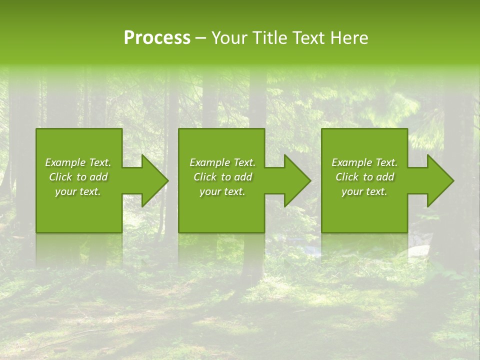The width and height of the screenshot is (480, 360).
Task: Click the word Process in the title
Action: pos(157,38)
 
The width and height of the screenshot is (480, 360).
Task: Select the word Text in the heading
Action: pos(309,38)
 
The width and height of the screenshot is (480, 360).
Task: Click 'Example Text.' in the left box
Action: pos(78,162)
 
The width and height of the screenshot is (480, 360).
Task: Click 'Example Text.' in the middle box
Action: pos(222,162)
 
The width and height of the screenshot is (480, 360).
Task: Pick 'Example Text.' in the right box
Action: pos(364,162)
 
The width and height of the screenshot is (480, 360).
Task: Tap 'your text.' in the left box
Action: pos(78,191)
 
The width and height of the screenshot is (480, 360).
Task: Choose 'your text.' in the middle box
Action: pos(222,191)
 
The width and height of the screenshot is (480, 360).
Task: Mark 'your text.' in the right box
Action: pos(364,191)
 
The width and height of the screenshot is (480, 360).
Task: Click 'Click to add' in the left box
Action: pos(78,177)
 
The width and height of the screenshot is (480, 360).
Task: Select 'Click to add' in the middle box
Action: pos(222,177)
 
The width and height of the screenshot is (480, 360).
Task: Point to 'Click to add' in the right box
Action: pos(364,177)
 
